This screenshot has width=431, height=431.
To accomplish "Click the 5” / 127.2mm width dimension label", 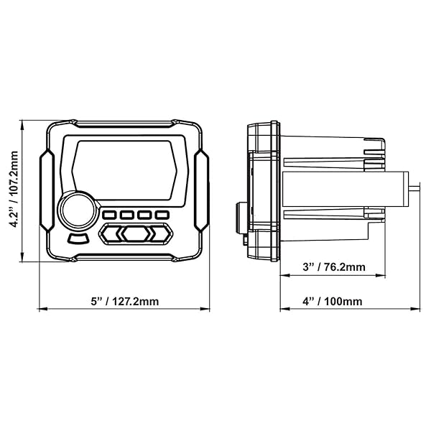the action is (125, 301).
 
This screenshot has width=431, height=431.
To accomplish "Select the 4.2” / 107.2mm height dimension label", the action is (14, 190).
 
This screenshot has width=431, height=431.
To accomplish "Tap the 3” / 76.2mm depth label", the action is (334, 267).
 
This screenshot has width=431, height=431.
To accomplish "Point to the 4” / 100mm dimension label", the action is (333, 301).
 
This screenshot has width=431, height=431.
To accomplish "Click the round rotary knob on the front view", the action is (78, 210).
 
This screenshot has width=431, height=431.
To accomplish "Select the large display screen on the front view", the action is (124, 170).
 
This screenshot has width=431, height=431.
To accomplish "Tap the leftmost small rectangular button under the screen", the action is (110, 215).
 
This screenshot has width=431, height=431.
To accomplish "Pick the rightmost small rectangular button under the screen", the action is (162, 215).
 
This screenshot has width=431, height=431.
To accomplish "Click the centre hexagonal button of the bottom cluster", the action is (136, 233).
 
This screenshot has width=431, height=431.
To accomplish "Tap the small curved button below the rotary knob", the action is (78, 238).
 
